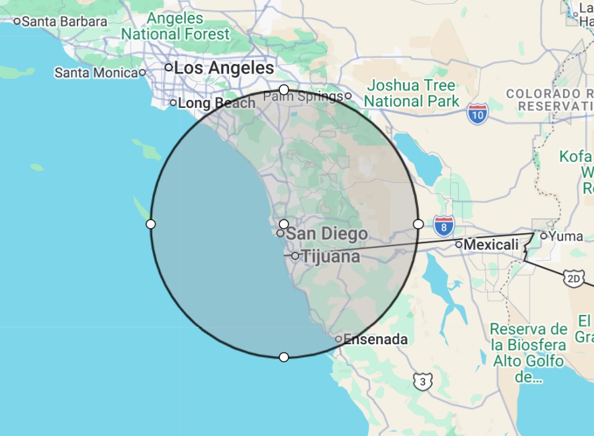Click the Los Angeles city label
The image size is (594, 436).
tap(223, 68)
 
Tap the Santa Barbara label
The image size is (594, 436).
tap(64, 21)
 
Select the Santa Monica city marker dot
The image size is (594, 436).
tap(142, 73)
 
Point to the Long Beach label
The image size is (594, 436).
tap(217, 103)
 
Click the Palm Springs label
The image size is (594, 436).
tap(303, 96)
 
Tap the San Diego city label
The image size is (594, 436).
tap(326, 234)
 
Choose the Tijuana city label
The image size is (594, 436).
tap(330, 256)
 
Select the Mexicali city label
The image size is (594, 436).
tap(491, 245)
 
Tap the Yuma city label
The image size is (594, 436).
tap(566, 236)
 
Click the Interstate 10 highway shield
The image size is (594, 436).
tap(477, 113)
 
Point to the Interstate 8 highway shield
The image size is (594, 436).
tap(443, 226)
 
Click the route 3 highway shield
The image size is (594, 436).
tap(423, 381)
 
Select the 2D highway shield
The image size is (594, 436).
tap(574, 279)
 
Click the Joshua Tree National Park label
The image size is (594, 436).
tap(412, 93)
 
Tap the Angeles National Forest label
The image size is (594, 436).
tap(176, 26)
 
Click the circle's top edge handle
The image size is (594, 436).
tap(284, 90)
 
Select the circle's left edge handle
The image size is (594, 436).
tap(151, 224)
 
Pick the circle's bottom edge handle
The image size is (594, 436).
tap(284, 357)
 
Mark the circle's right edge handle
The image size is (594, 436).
tap(418, 223)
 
